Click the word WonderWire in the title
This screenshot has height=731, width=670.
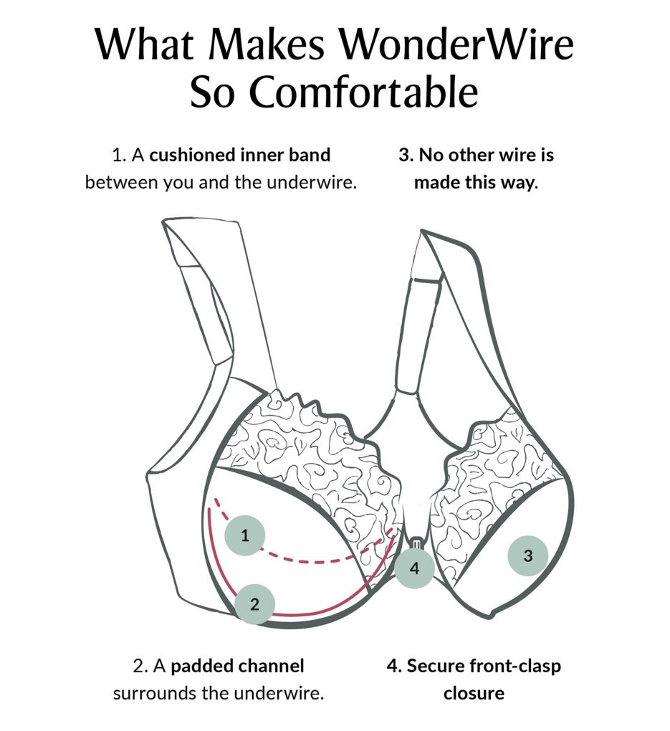(x=456, y=44)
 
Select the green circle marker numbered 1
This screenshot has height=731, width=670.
(x=245, y=535)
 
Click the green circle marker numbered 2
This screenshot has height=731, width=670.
(x=254, y=604)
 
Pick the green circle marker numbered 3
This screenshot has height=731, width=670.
(x=528, y=555)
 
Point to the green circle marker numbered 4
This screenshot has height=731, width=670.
(x=414, y=568)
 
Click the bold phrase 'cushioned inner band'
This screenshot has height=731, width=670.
(x=239, y=155)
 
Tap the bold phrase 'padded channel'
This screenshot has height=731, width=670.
(x=237, y=666)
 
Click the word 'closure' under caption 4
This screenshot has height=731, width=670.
(x=474, y=693)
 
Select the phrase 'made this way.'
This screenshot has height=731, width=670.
(x=476, y=182)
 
